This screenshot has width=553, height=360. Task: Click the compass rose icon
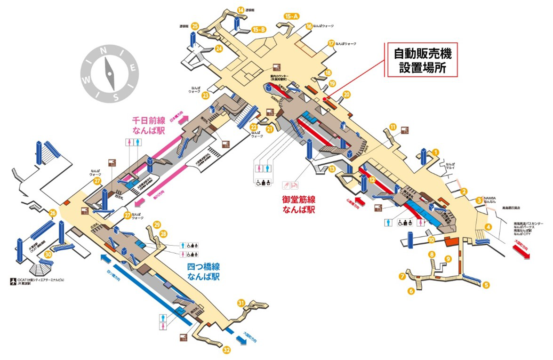[110, 73]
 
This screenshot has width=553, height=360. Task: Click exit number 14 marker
[241, 10]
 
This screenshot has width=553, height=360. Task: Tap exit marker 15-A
[292, 17]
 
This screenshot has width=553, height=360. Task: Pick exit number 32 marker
[227, 350]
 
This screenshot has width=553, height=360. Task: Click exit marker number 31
[241, 303]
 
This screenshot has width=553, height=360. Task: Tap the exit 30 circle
[48, 254]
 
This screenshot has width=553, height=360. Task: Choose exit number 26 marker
[53, 213]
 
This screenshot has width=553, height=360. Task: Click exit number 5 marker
[486, 284]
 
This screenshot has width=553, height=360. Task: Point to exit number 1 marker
[436, 152]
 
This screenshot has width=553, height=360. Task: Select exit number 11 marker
[393, 127]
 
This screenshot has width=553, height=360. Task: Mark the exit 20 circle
[347, 95]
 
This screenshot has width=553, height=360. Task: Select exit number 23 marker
[205, 96]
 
